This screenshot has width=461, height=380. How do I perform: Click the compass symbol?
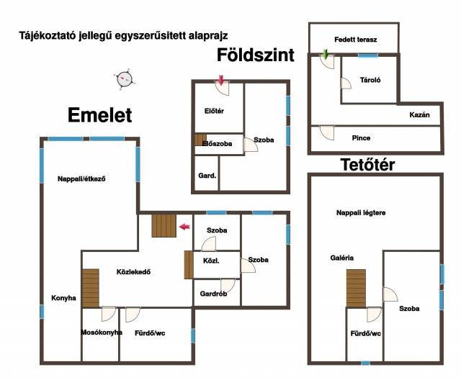(x=124, y=79)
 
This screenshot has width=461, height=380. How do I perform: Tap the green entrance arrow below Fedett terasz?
(x=325, y=54)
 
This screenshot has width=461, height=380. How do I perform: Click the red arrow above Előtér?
(x=221, y=80)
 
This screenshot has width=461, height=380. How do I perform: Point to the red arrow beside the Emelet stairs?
(x=184, y=227)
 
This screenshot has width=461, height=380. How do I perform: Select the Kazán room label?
(x=419, y=115)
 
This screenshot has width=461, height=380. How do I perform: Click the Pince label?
(x=361, y=138)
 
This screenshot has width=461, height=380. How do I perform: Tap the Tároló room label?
(x=370, y=80)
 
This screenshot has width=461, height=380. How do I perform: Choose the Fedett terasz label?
(x=355, y=40)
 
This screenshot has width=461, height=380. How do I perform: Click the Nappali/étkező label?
(x=81, y=178)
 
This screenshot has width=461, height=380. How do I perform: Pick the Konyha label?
(x=63, y=298)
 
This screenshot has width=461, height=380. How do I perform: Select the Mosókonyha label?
(x=102, y=332)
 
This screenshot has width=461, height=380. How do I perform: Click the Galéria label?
(x=342, y=258)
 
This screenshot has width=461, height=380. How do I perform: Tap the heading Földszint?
(x=256, y=55)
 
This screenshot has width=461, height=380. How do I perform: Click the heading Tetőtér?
(x=367, y=165)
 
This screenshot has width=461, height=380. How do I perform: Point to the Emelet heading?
(x=99, y=115)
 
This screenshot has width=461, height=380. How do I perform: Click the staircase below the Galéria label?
(x=356, y=289)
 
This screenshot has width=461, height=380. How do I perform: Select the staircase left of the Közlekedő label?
(x=90, y=288)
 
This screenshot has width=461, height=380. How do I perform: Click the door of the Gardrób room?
(x=228, y=286)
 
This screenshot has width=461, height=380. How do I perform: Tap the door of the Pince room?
(x=327, y=133)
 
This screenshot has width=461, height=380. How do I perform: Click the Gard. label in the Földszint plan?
(x=207, y=176)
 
